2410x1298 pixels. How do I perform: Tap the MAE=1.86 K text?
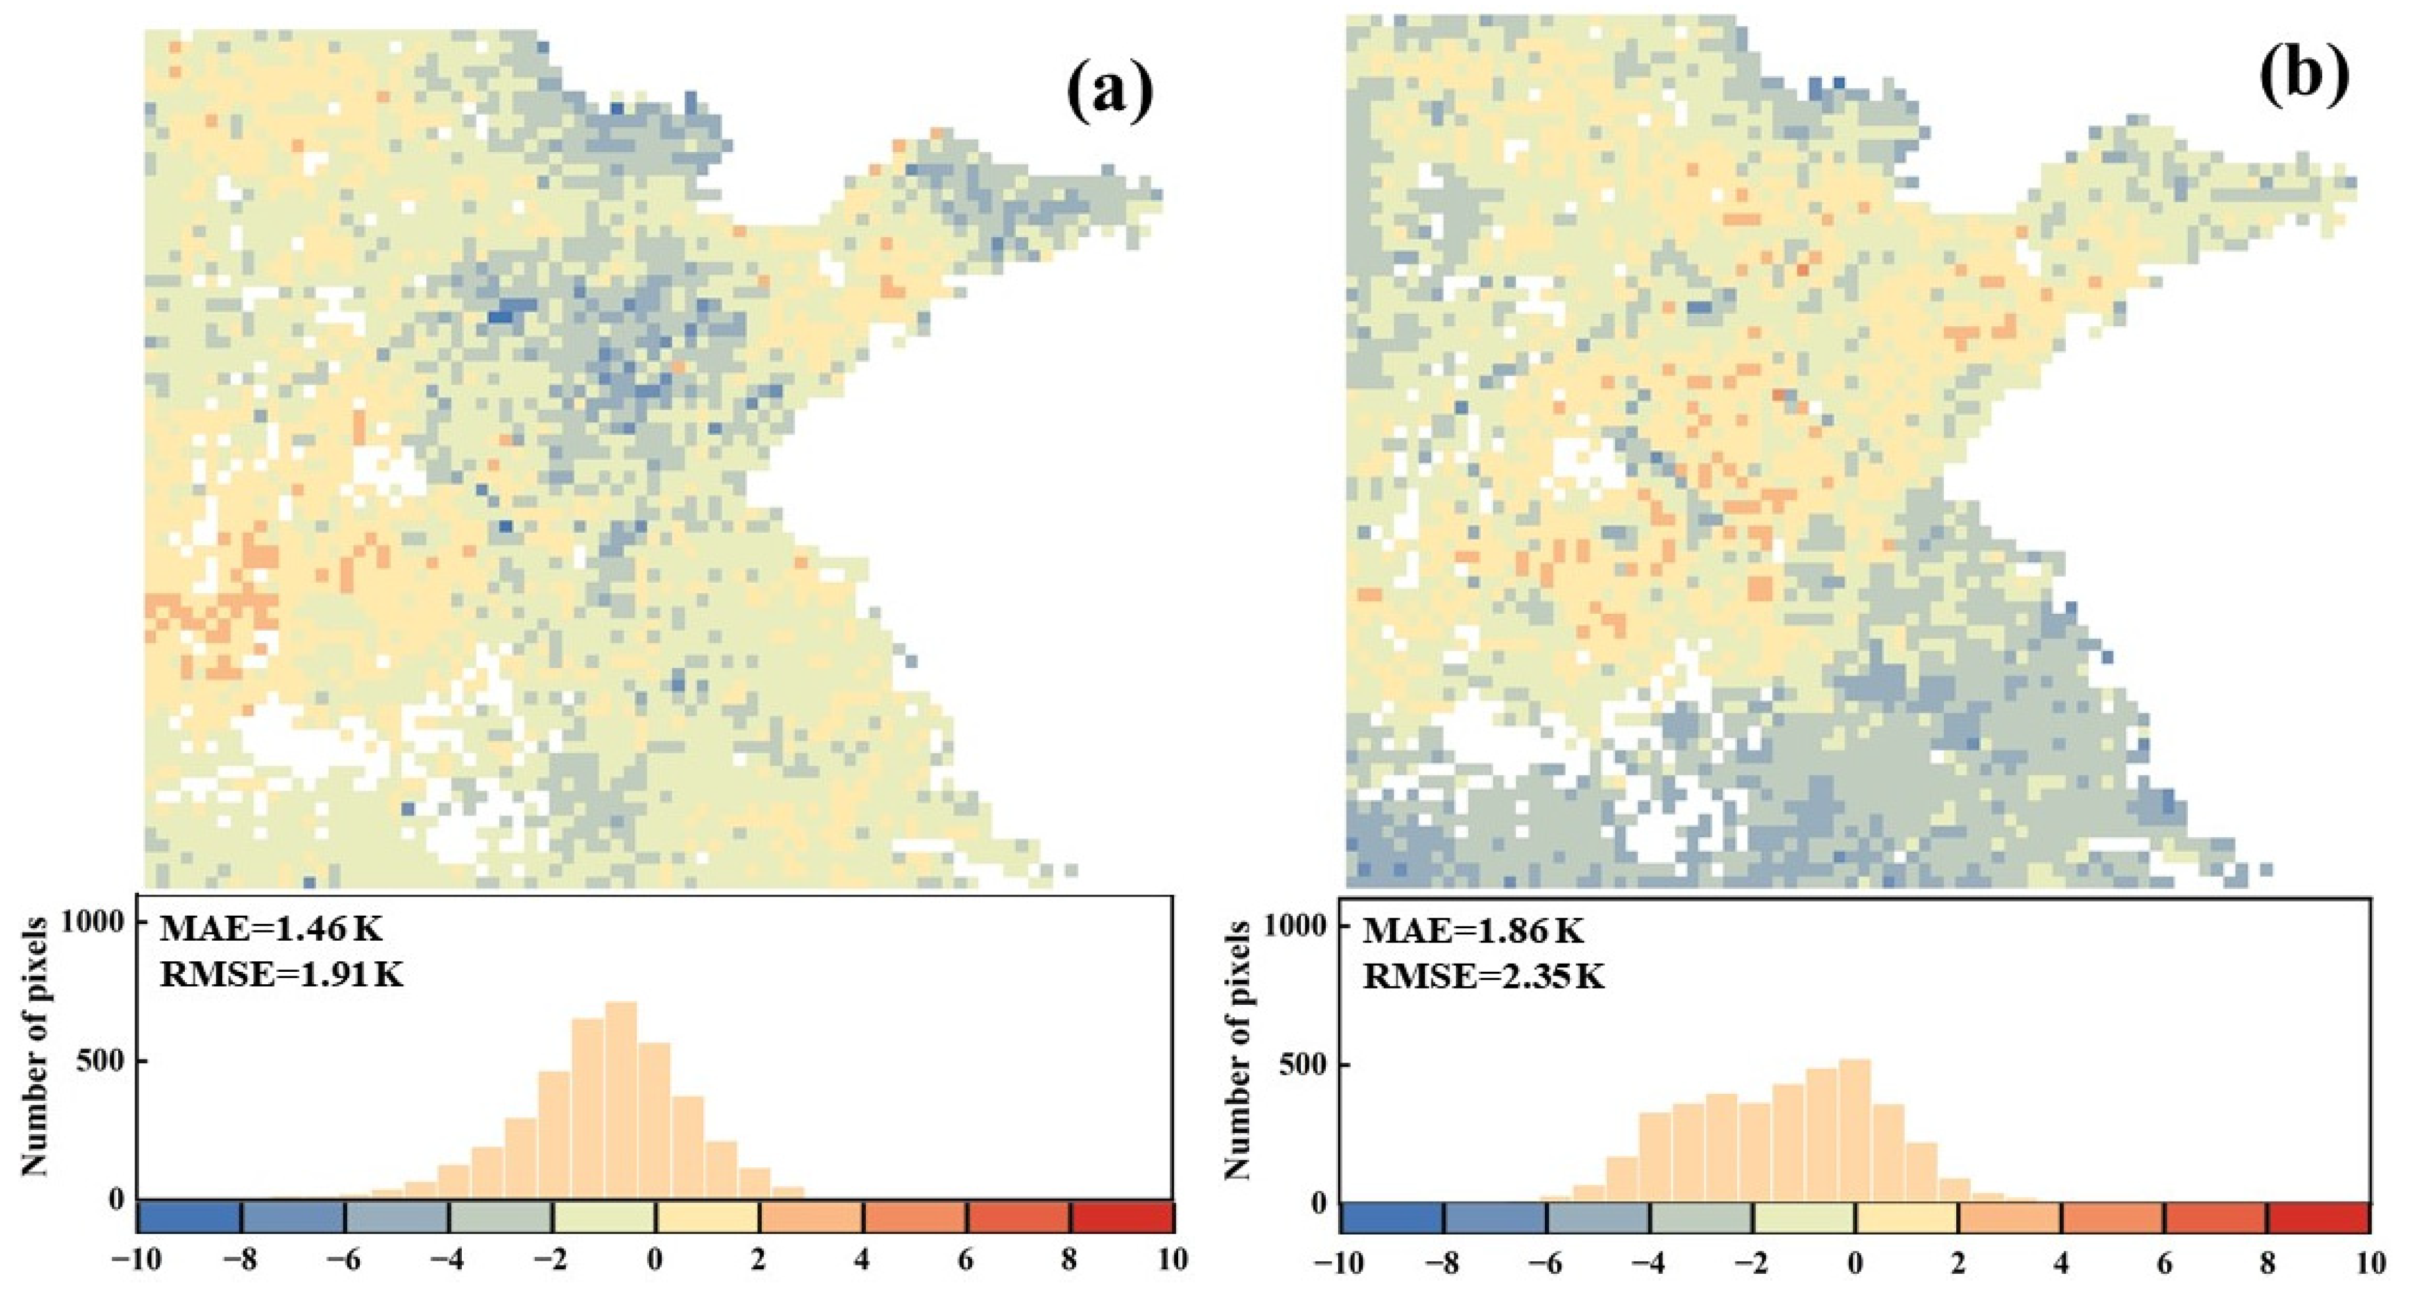click(x=1473, y=931)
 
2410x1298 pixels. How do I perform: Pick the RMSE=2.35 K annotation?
click(x=1484, y=977)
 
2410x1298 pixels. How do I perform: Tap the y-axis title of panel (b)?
click(x=1237, y=1049)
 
